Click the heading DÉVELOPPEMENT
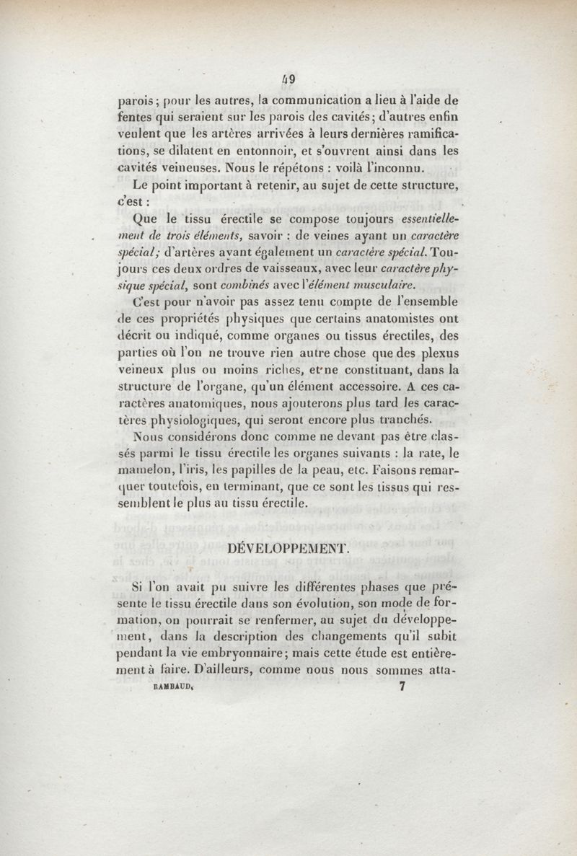point(288,548)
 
